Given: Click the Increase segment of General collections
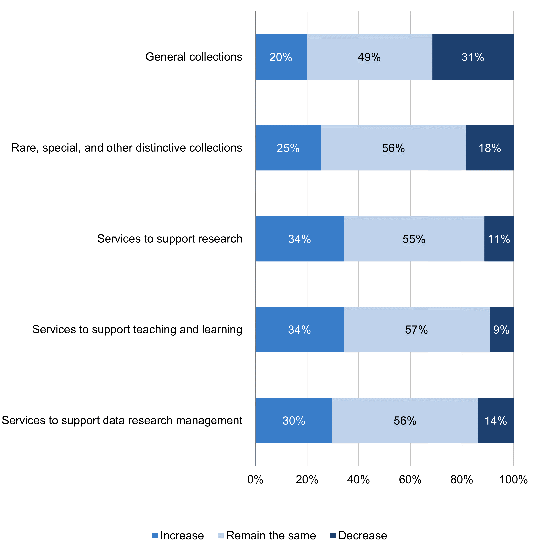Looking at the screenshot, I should tap(281, 57).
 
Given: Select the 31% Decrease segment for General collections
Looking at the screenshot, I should tap(473, 57).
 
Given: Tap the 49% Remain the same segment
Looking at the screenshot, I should tap(369, 57).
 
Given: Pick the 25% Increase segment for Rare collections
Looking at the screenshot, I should tap(288, 148).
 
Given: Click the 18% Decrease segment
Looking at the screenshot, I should tap(489, 148).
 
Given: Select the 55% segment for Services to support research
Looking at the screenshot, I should tap(414, 239).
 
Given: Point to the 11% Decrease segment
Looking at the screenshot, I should tap(499, 239).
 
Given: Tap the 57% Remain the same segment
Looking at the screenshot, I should tap(416, 329).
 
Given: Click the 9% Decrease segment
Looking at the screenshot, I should tap(501, 329).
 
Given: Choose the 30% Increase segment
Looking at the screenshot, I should tap(294, 420).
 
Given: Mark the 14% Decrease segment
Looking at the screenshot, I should tap(495, 420).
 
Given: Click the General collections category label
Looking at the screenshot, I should tap(194, 57).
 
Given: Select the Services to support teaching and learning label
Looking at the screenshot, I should tap(137, 329).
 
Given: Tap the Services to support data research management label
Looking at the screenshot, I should tap(122, 420).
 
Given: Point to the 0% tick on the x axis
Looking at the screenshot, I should tap(255, 480).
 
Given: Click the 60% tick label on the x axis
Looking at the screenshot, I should tap(410, 480).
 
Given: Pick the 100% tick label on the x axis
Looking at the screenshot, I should tap(513, 480).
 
